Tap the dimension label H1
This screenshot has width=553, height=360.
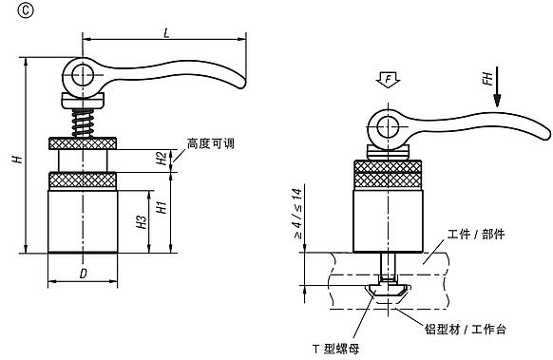(162, 205)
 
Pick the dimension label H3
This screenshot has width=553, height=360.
(140, 224)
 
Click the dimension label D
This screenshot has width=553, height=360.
(84, 273)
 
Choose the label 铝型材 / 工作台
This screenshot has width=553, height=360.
(465, 328)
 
